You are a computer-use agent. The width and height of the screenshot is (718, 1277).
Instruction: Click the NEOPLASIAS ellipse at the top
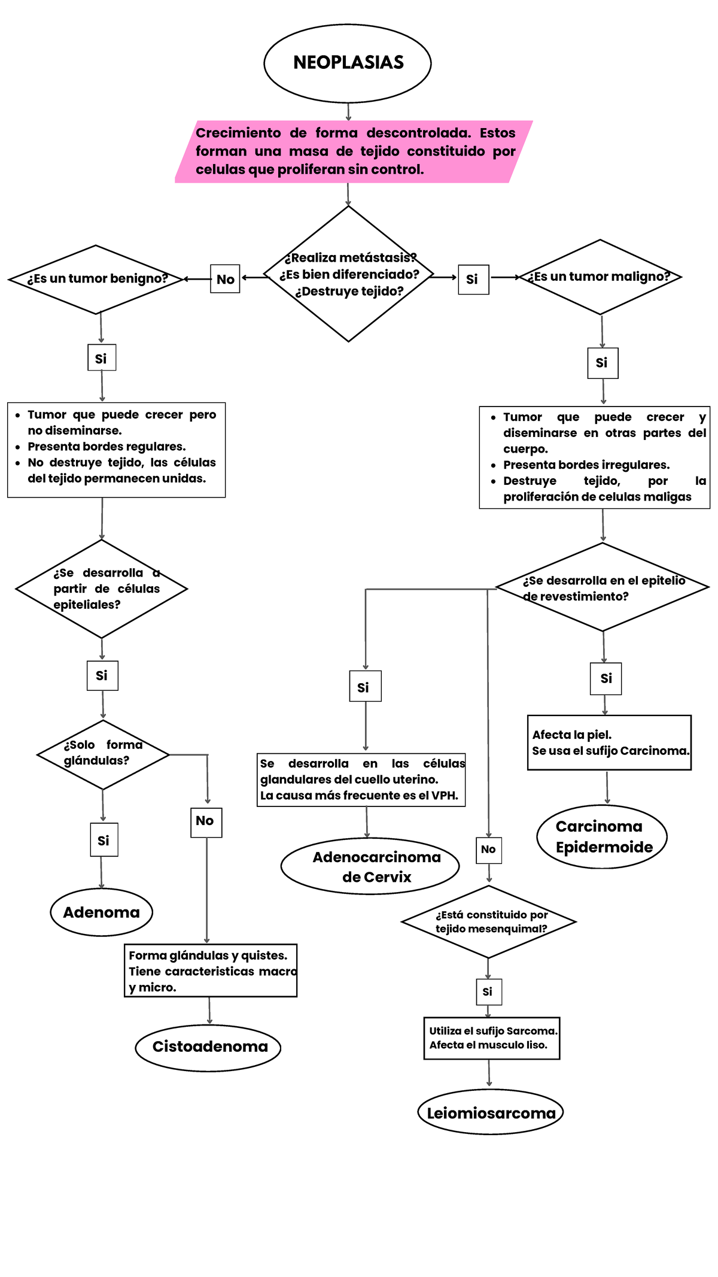tap(348, 63)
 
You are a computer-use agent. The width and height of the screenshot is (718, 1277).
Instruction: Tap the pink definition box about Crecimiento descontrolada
tap(353, 151)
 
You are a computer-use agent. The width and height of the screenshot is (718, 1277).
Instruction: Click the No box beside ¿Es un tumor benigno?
tap(225, 279)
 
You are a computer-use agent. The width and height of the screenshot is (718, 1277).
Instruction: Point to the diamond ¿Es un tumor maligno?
tap(600, 277)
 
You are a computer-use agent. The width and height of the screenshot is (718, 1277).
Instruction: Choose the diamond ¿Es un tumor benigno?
tap(96, 279)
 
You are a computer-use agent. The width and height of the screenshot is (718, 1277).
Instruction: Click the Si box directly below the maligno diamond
tap(603, 363)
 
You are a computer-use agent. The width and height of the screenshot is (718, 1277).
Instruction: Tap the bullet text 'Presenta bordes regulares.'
tap(107, 447)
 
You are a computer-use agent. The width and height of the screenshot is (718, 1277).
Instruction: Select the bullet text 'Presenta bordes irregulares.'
tap(586, 465)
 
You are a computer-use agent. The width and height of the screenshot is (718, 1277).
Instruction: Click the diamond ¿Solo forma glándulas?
tap(103, 754)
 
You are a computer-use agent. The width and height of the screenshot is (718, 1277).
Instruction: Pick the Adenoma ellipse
tap(102, 912)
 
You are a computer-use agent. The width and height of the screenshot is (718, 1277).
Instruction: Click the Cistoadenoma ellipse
tap(209, 1047)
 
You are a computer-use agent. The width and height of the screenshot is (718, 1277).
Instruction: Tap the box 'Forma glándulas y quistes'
tap(210, 970)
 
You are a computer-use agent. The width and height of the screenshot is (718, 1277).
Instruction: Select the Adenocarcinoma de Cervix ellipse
tap(370, 866)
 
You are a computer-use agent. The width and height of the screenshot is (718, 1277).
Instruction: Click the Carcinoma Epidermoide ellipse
tap(602, 836)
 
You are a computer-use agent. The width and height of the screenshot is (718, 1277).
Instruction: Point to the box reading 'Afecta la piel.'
tap(609, 742)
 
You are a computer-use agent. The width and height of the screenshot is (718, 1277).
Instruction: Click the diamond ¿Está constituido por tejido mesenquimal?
tap(489, 921)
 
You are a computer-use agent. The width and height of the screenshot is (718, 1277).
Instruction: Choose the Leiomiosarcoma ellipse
tap(491, 1113)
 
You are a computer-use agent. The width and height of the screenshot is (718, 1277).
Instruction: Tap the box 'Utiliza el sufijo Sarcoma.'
tap(492, 1038)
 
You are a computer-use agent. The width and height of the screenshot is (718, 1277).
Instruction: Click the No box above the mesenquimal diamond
tap(488, 850)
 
